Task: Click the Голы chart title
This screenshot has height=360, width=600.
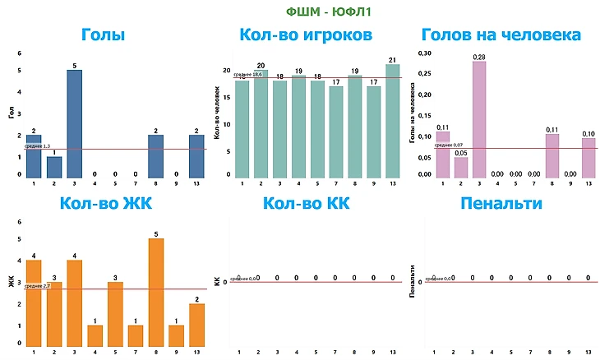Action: (104, 35)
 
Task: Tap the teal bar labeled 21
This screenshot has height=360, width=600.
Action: (393, 122)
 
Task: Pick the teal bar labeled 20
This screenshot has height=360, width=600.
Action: (261, 123)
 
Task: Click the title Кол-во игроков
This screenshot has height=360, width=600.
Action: (306, 35)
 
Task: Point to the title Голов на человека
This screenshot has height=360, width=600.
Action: (501, 35)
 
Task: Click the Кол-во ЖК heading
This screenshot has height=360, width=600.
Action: (104, 204)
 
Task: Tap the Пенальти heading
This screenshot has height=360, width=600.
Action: (501, 204)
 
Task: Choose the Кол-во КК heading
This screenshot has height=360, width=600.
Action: (306, 204)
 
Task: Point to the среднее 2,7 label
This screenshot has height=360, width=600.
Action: (38, 285)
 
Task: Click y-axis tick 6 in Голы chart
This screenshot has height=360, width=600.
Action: (19, 53)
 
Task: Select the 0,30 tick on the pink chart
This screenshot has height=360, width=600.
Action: (424, 53)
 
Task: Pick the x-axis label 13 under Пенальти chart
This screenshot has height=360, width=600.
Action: (588, 352)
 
